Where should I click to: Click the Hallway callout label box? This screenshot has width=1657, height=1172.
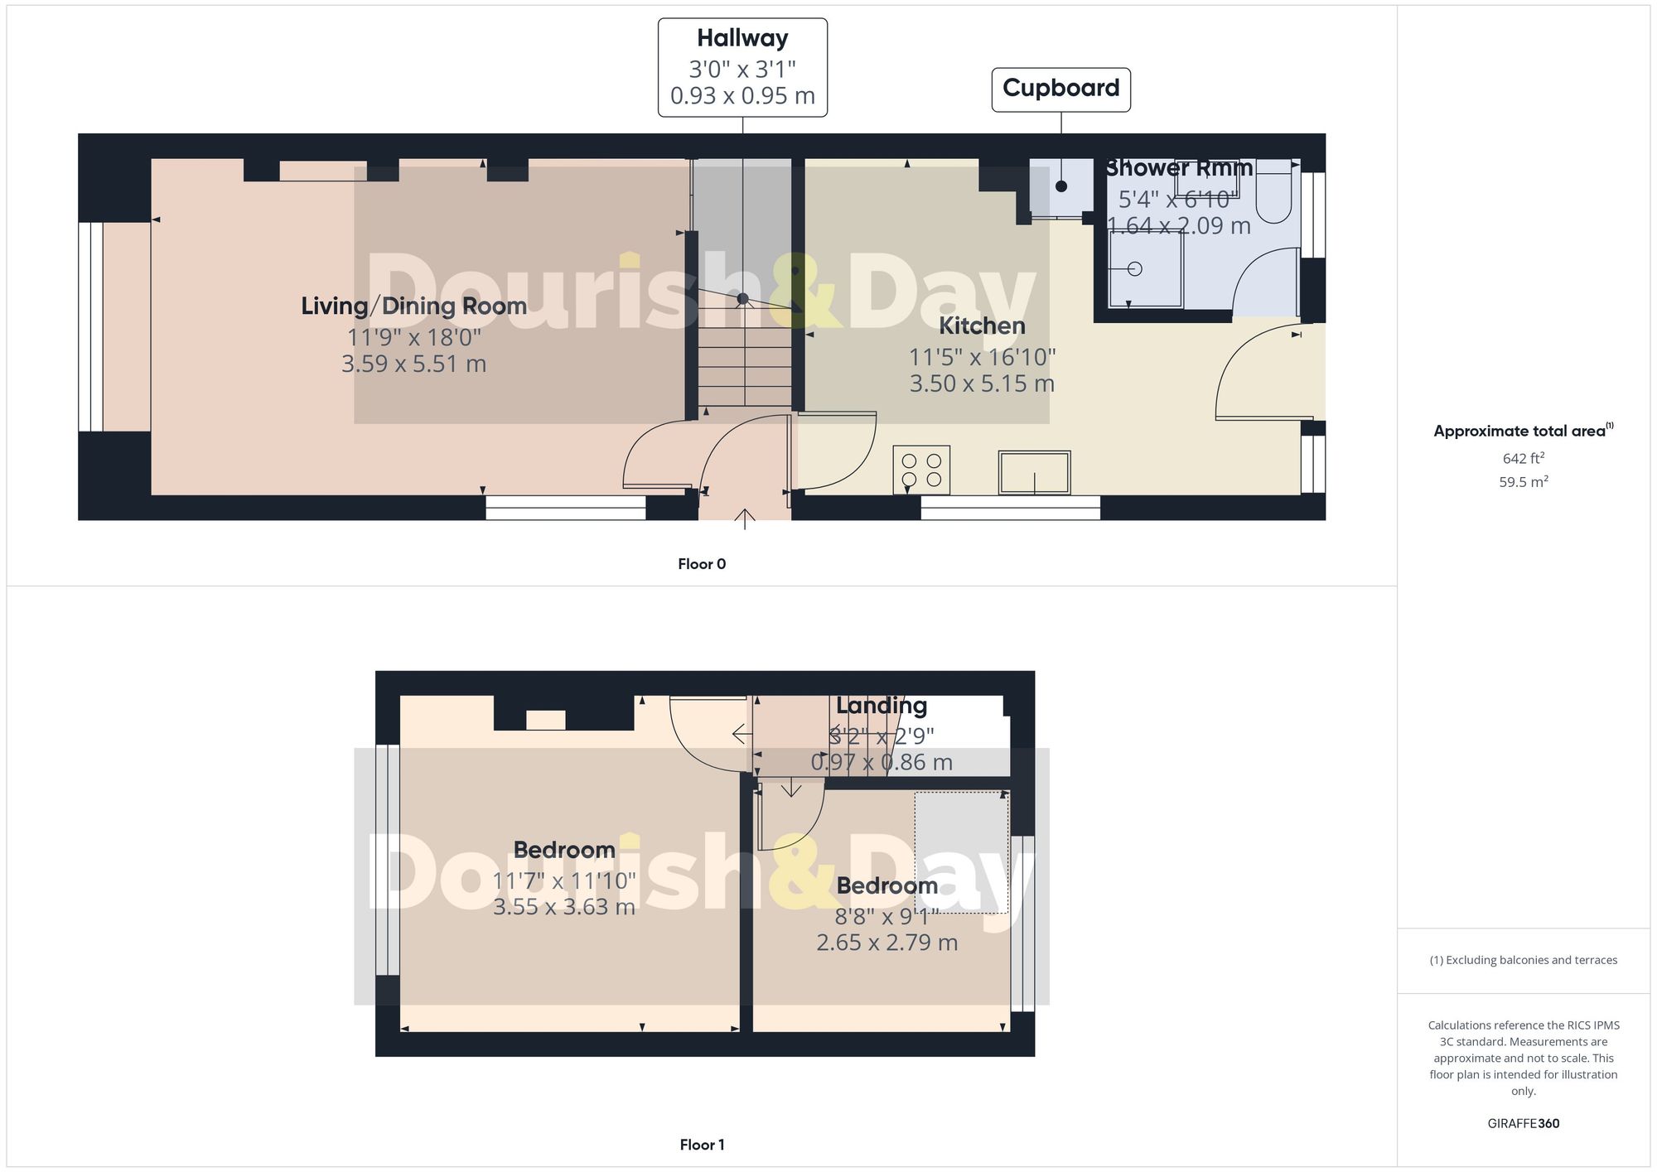[742, 68]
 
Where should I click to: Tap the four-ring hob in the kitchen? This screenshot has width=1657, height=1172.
[921, 470]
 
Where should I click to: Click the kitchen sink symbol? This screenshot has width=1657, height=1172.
[1034, 472]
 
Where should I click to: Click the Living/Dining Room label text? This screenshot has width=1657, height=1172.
[413, 306]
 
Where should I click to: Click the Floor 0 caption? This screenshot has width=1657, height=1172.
[702, 564]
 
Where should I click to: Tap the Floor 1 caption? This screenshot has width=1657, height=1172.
[702, 1145]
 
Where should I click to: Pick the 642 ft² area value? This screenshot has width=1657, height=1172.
[1523, 458]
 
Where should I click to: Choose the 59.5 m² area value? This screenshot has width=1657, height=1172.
[1523, 482]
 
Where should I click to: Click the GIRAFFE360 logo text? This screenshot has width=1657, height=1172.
[1523, 1124]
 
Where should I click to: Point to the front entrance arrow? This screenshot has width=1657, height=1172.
[745, 518]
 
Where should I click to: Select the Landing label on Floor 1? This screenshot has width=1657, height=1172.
[881, 706]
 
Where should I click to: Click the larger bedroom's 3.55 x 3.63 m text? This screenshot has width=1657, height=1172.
[563, 907]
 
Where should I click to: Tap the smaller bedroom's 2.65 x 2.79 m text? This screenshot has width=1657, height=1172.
[886, 943]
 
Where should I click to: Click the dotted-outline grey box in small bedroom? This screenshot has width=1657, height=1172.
[961, 853]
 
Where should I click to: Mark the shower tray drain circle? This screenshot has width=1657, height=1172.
[1135, 269]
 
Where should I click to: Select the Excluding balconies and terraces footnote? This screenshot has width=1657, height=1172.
[1523, 961]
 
